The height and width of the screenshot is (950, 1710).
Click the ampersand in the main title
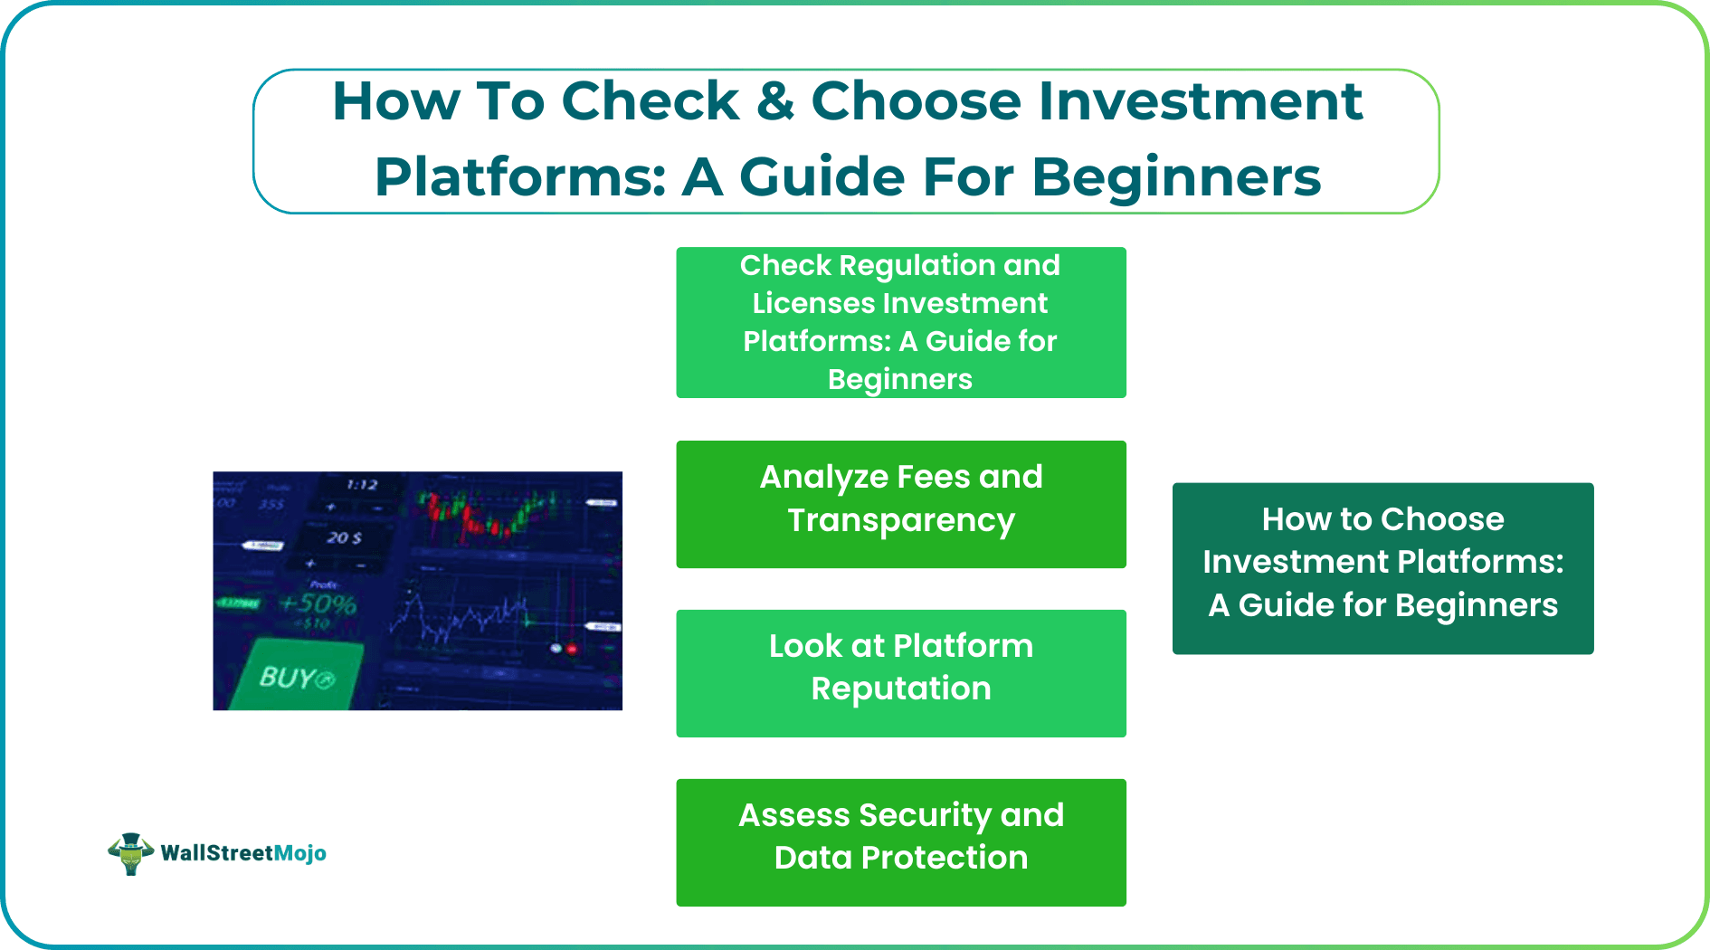click(x=775, y=100)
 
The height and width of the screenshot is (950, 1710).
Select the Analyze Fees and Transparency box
click(x=901, y=504)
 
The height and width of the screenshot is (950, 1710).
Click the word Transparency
click(x=901, y=520)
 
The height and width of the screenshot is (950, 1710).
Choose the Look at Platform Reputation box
click(x=901, y=673)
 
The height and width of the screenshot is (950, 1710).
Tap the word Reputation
click(x=901, y=689)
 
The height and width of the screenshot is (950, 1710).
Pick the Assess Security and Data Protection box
click(x=901, y=842)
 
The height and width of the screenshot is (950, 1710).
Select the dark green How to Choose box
click(x=1382, y=568)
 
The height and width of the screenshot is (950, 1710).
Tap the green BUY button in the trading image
click(x=296, y=677)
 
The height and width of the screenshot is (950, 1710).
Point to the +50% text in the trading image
click(x=318, y=603)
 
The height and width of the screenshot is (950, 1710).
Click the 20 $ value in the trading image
click(x=344, y=537)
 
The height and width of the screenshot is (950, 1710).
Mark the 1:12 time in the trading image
click(x=362, y=485)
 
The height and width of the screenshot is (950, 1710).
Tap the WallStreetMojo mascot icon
click(x=130, y=853)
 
